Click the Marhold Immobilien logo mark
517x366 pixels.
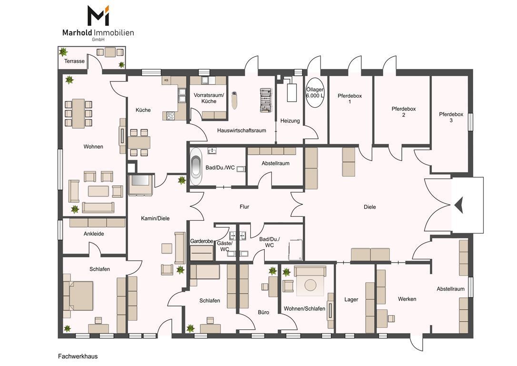[x=98, y=16]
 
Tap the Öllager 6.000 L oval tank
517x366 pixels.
[x=315, y=92]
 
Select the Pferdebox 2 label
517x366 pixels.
[x=404, y=112]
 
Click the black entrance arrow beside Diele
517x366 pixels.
[x=458, y=205]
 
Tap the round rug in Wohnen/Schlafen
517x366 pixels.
[x=310, y=285]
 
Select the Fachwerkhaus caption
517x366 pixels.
[x=78, y=356]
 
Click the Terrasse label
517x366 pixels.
[x=74, y=61]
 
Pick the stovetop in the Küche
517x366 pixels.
[x=170, y=115]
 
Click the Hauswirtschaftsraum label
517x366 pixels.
[x=241, y=131]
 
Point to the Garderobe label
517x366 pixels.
[x=201, y=241]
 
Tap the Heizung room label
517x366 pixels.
[x=290, y=121]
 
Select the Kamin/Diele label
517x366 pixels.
[x=155, y=218]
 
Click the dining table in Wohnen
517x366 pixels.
[x=79, y=113]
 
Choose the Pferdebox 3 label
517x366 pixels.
[x=451, y=117]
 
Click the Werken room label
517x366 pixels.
[x=407, y=299]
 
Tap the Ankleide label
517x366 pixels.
[x=94, y=234]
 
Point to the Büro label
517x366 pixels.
[x=263, y=312]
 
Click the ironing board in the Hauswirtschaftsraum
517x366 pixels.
[x=265, y=100]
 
